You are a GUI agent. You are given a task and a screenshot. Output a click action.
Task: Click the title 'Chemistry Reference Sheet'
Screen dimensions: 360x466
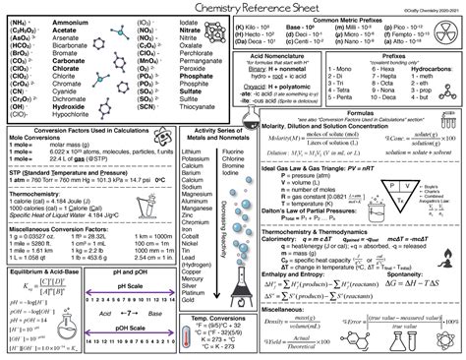232,8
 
